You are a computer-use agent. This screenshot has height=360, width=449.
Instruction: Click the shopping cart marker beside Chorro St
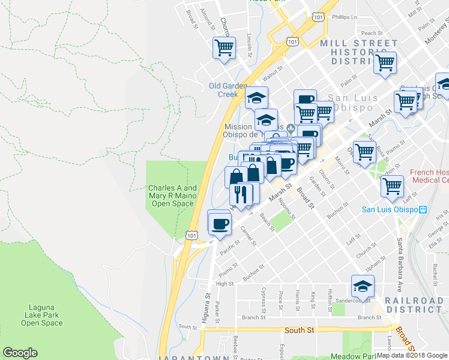coord(224,47)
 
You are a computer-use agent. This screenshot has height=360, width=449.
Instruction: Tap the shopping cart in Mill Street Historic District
coord(385,63)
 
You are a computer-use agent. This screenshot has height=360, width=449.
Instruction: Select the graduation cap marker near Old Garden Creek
coord(256,98)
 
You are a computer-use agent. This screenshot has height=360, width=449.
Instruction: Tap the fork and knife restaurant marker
coord(241,195)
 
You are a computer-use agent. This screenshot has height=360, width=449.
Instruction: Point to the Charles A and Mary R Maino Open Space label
coord(172,196)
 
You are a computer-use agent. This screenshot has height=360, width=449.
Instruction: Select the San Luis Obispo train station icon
coord(423,209)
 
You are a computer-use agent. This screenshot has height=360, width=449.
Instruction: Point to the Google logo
coord(20,353)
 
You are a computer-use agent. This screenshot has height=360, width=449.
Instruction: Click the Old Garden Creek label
coord(228,90)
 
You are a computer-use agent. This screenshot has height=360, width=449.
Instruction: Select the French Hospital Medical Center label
coord(429,176)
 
